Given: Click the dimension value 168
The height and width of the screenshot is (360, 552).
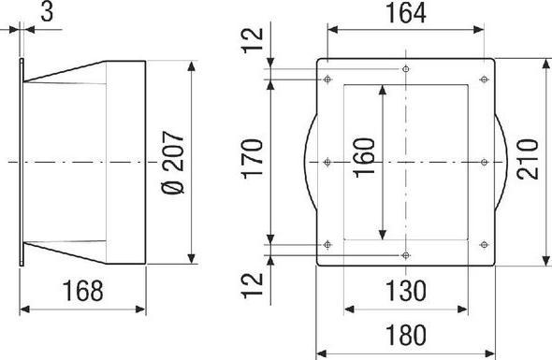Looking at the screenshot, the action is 83,291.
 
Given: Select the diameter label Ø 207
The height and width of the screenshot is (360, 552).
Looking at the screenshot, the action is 173,163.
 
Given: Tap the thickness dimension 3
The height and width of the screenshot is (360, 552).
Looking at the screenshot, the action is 47,11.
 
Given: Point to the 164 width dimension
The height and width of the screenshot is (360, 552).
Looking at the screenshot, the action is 406,13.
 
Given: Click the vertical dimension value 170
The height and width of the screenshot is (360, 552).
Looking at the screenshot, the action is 254,159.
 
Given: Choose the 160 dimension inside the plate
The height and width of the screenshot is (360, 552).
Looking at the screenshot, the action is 364,158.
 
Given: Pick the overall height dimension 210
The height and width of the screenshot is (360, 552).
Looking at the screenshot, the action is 528,159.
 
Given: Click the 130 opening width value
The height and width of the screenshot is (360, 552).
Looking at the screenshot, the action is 406,291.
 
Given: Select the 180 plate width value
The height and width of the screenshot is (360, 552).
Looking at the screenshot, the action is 406,335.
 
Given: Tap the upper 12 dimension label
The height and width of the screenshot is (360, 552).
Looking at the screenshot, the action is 254,40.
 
